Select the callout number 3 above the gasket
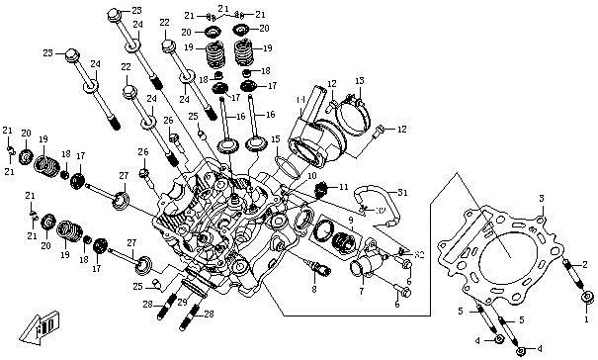click(x=541, y=199)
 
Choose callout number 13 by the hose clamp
click(x=360, y=79)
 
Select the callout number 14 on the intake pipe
click(x=299, y=100)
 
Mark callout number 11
click(x=343, y=186)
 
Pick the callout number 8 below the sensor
click(x=313, y=289)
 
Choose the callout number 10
click(x=311, y=175)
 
